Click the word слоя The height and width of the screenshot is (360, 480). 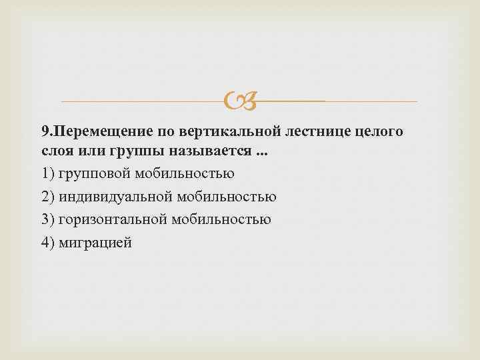tap(55, 151)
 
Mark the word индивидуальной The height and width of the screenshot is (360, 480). tap(117, 197)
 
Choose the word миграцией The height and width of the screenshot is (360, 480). tap(96, 242)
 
